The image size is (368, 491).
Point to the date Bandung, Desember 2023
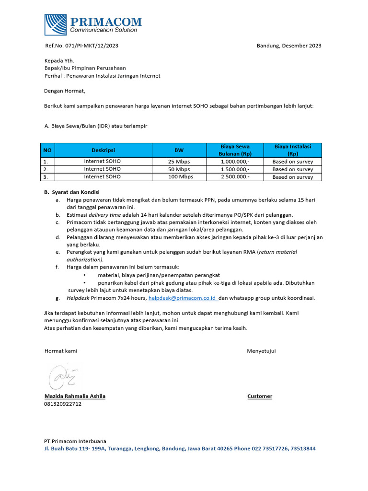coord(289,46)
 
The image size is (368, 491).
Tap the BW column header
coord(179,150)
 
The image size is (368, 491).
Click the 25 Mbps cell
coord(179,162)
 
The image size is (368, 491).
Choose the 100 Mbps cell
coord(179,177)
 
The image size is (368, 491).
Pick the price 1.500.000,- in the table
coord(235,169)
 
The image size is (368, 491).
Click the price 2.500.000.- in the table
coord(235,177)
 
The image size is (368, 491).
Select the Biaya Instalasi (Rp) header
coord(292,150)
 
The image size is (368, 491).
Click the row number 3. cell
coord(46,177)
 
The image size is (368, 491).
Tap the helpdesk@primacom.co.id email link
coord(183,298)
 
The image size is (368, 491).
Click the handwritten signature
coord(64,377)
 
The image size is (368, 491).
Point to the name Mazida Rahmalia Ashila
coord(75,396)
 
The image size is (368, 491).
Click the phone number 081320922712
coord(63,404)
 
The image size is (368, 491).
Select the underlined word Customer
coord(260,396)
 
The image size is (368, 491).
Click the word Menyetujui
coord(261,351)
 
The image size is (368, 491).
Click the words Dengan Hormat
coord(64,91)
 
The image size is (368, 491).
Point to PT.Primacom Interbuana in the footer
coord(75,441)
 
